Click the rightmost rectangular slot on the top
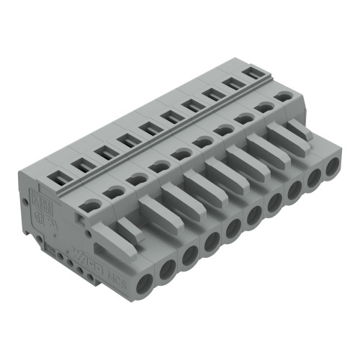(x=252, y=73)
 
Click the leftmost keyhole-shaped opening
(x=89, y=205)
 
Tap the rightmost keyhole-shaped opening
(x=284, y=95)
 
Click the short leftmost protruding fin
(x=127, y=228)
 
